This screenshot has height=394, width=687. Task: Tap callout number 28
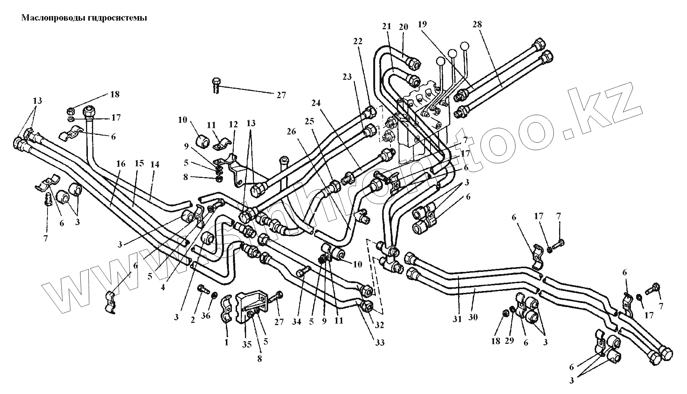[x=477, y=25]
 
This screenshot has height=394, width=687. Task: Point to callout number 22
[x=358, y=41]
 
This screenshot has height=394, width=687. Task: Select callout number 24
[x=316, y=103]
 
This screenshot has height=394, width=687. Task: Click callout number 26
[x=291, y=131]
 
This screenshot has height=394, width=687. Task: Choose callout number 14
[x=155, y=164]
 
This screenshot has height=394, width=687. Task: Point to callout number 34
[x=297, y=321]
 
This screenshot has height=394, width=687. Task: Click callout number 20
[x=403, y=27]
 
